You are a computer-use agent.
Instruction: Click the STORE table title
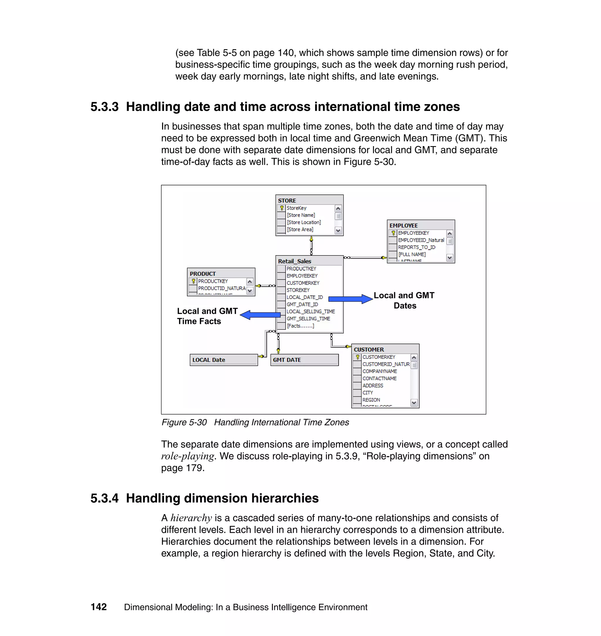coord(287,200)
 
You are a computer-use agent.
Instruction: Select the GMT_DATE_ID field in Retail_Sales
coord(302,304)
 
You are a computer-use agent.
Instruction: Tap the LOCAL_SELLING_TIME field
coord(310,311)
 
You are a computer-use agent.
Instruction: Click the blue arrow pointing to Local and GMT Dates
coord(350,299)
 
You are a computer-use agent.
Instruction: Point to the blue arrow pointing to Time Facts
coord(260,315)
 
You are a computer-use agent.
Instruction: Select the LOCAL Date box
coord(223,360)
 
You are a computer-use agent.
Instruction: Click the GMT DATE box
coord(304,360)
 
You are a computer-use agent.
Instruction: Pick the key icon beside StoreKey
coord(282,208)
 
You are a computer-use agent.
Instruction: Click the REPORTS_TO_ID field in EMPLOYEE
coord(416,247)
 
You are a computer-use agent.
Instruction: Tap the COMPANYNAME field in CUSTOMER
coord(379,371)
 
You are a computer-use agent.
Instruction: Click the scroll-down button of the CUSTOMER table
coord(414,402)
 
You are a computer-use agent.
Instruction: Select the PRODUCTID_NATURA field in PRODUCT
coord(221,288)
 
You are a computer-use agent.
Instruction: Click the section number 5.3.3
coord(104,107)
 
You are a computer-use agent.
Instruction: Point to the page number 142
coord(99,607)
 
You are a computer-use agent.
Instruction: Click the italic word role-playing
coord(188,456)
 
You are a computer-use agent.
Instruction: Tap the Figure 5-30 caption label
coord(184,422)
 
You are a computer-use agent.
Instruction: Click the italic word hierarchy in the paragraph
coord(191,518)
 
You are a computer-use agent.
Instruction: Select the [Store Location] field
coord(303,222)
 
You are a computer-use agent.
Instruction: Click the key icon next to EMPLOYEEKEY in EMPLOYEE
coord(393,233)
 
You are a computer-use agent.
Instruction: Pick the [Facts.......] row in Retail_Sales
coord(300,326)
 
